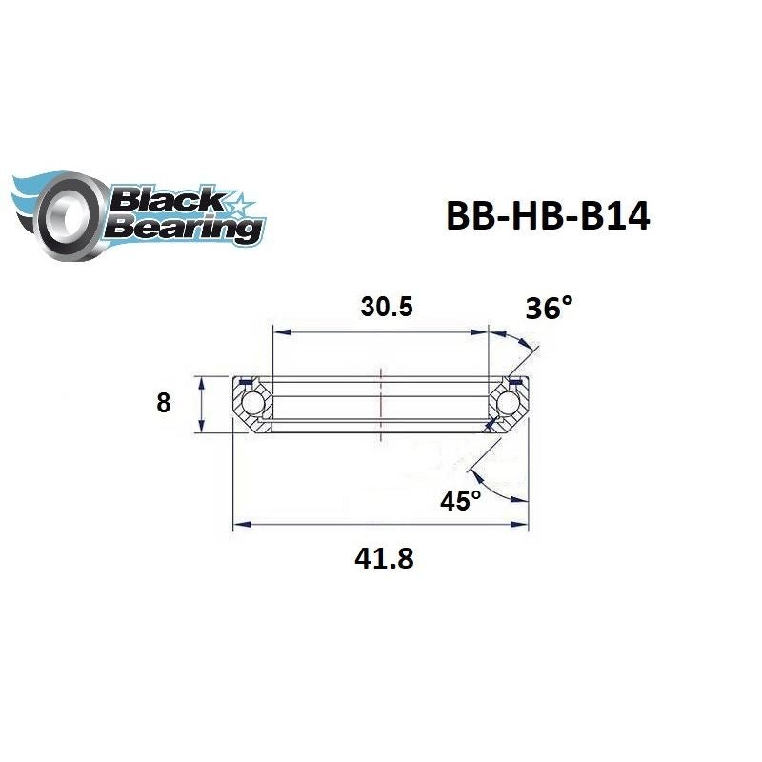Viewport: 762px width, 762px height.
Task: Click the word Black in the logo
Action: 167,200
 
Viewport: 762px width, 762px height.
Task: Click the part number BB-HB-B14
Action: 548,216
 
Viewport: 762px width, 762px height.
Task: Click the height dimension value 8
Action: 164,403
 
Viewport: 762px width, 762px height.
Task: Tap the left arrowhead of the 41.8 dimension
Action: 240,523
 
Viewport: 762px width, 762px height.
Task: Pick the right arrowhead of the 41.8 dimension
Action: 523,523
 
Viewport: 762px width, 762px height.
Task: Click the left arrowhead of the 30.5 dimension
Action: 280,332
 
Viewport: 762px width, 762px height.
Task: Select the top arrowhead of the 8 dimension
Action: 201,382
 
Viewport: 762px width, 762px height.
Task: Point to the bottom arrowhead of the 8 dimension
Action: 201,428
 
